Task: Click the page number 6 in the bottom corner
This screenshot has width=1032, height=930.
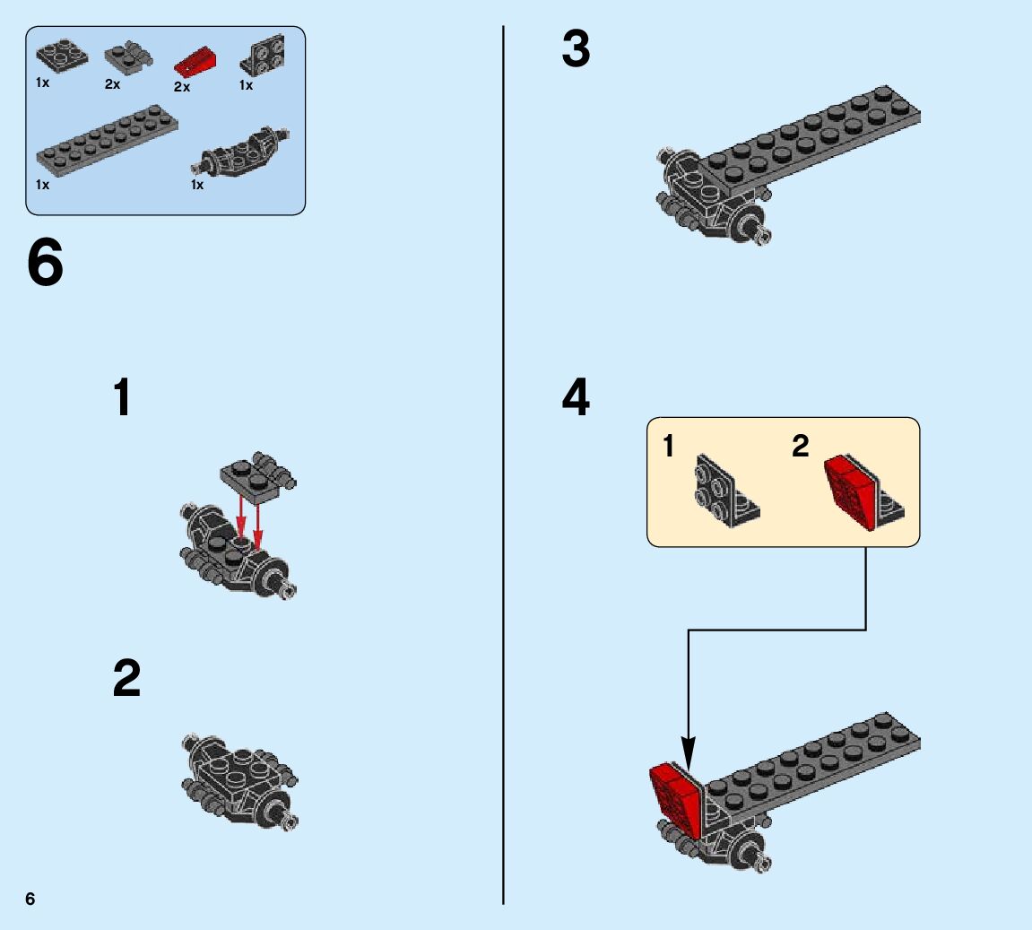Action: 30,899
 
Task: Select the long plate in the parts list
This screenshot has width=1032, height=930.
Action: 106,139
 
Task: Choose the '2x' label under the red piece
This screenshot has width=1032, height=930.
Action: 182,87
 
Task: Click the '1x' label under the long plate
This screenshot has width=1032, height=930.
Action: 43,185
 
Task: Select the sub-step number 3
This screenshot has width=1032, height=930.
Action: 576,49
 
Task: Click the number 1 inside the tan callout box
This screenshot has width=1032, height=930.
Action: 668,446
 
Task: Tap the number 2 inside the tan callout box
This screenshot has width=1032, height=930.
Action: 800,446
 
